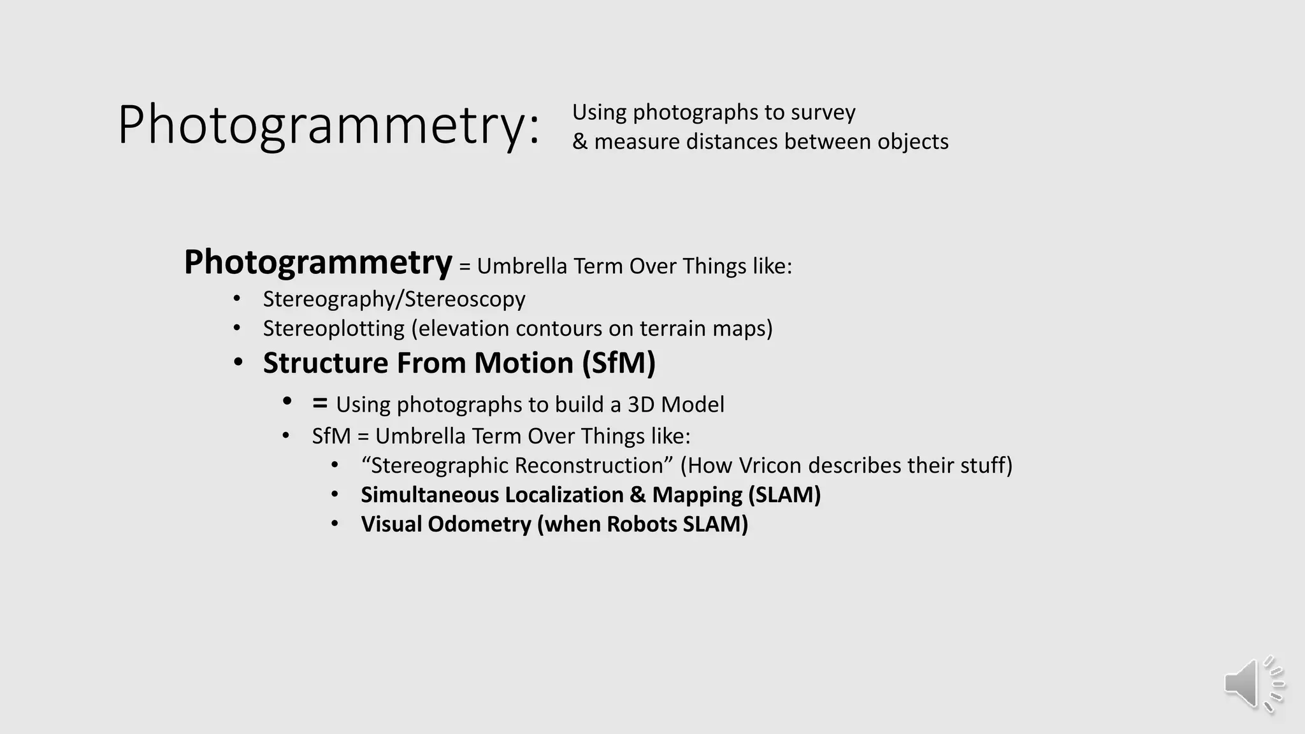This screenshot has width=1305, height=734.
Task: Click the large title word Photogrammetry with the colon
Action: pos(328,126)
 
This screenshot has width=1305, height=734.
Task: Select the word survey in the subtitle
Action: pos(823,113)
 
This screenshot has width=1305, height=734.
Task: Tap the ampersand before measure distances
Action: pos(579,141)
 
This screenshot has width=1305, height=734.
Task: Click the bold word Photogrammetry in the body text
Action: pos(317,263)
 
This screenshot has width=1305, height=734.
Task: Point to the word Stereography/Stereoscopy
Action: pos(394,299)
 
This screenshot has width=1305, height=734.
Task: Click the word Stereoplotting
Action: pos(333,329)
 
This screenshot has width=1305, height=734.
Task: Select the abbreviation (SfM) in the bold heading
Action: pos(618,363)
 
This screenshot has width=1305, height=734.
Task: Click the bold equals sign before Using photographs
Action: pos(320,403)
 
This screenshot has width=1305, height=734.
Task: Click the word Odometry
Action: pos(479,524)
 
